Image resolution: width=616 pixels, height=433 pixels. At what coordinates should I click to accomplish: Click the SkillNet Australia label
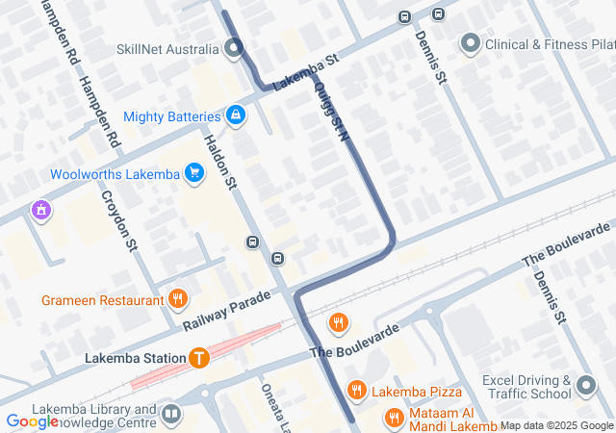click(168, 48)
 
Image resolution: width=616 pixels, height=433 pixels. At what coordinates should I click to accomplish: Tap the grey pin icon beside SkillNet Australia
click(234, 46)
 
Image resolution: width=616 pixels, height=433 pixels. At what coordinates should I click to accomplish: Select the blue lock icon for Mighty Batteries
click(236, 116)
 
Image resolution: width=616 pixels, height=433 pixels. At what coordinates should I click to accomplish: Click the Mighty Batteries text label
click(172, 116)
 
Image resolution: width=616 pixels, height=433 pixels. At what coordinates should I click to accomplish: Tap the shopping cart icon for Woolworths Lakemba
click(194, 173)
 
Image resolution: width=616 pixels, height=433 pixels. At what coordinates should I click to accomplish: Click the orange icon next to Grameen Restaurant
click(177, 299)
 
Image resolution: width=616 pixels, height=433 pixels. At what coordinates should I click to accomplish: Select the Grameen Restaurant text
click(102, 300)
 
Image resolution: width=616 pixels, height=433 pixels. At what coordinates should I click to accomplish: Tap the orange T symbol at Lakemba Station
click(199, 358)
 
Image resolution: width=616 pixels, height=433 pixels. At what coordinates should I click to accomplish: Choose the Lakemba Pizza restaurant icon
click(357, 391)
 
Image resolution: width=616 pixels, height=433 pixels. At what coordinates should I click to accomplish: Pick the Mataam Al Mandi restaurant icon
click(394, 418)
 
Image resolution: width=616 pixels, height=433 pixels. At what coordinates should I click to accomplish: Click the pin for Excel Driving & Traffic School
click(586, 388)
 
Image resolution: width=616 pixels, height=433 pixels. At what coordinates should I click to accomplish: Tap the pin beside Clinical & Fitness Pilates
click(470, 43)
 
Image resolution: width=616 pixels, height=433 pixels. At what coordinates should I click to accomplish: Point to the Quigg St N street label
click(330, 111)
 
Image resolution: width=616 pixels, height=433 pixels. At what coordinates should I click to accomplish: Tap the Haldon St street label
click(219, 161)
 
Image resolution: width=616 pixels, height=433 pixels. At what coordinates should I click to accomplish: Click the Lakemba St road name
click(305, 72)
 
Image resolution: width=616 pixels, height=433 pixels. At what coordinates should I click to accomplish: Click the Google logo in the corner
click(32, 420)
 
